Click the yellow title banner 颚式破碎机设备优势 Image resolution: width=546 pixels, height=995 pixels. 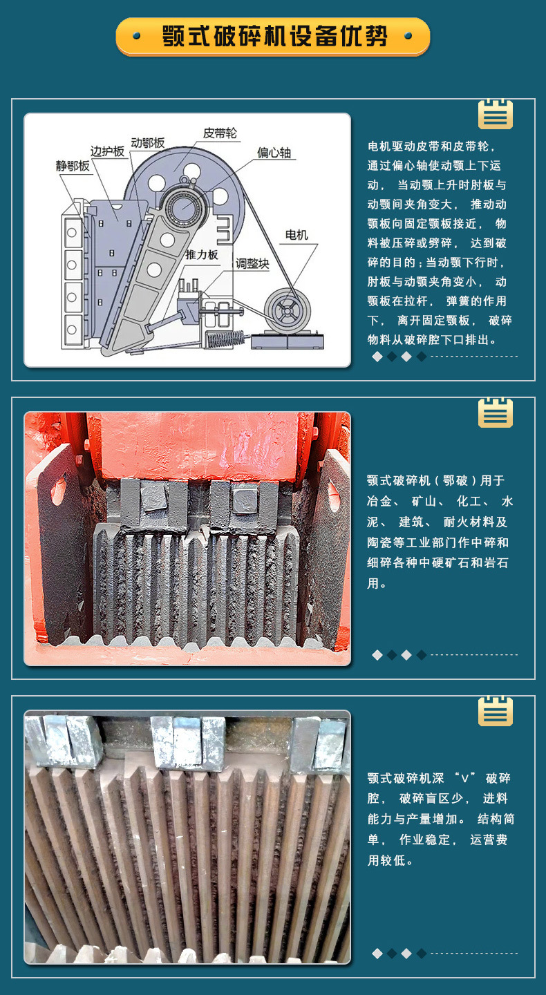pos(273,37)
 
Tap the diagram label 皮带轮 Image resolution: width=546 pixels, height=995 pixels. pos(220,133)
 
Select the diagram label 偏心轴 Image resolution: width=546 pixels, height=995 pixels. pos(274,153)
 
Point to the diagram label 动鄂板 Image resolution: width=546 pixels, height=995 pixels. pos(147,142)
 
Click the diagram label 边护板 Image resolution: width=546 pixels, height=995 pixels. pos(107,151)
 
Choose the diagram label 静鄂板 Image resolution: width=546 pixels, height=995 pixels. pos(73,166)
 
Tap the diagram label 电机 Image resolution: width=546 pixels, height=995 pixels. pos(296,234)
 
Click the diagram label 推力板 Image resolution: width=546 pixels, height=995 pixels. pos(202,254)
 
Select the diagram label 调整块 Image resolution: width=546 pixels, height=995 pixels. pos(252,263)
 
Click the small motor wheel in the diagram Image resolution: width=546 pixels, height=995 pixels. pos(287,310)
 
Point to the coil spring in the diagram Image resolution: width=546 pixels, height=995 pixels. pos(225,339)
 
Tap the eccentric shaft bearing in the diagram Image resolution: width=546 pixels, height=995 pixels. pos(183,207)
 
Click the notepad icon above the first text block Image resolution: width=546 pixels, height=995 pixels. pos(496,114)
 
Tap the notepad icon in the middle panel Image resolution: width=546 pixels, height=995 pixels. pos(496,413)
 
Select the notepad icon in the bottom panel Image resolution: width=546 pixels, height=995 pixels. pos(496,711)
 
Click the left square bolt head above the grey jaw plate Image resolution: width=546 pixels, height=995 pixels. pos(153,497)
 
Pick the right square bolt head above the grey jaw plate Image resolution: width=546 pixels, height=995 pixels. pos(245,497)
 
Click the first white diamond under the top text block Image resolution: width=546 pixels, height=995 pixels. pos(377,357)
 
